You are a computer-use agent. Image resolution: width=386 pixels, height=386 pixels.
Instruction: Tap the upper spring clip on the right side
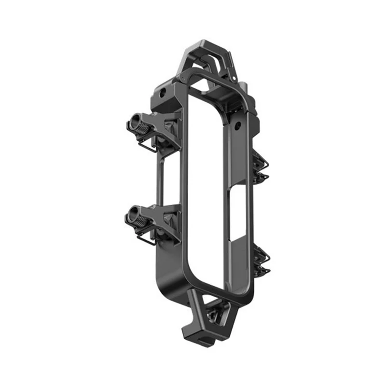261,165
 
